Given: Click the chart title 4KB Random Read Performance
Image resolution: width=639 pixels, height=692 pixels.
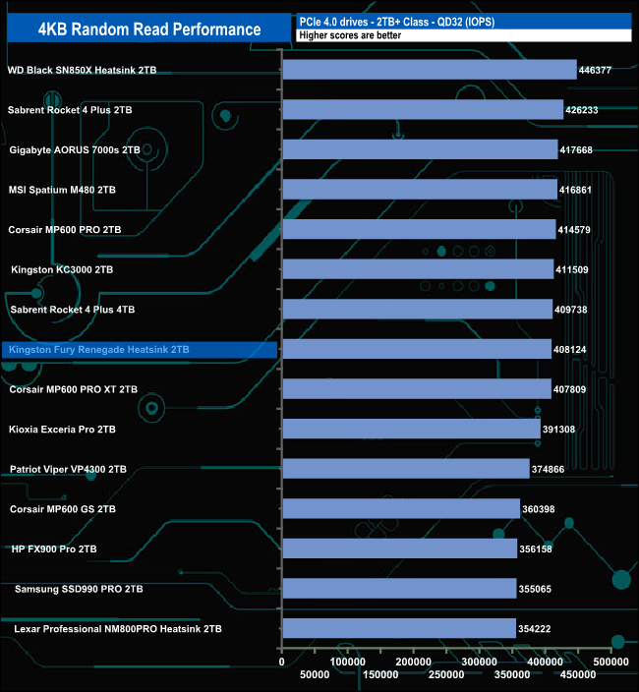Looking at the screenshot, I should coord(149,29).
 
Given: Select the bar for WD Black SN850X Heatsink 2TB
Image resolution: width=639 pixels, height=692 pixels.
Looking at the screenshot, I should coord(429,70).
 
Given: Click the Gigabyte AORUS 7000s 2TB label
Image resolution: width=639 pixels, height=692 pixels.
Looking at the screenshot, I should coord(75,150).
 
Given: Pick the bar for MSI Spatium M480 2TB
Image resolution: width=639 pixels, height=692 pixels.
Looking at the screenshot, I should coord(420,189).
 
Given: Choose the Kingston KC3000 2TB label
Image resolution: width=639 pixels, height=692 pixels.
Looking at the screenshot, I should coord(62,269).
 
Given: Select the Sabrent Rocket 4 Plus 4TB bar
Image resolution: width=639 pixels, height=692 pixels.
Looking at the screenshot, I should coord(417,310).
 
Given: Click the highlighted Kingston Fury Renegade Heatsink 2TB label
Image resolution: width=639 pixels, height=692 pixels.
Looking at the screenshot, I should coord(97,349).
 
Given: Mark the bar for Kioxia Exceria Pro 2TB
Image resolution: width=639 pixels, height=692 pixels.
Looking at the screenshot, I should coord(411,429).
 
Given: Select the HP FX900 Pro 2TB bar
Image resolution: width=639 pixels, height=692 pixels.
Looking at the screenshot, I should coord(399,548).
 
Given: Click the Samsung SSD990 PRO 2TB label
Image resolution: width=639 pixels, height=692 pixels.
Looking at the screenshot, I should coord(79,589).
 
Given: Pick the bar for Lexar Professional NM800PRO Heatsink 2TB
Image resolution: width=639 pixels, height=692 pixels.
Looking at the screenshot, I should coord(398,628).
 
